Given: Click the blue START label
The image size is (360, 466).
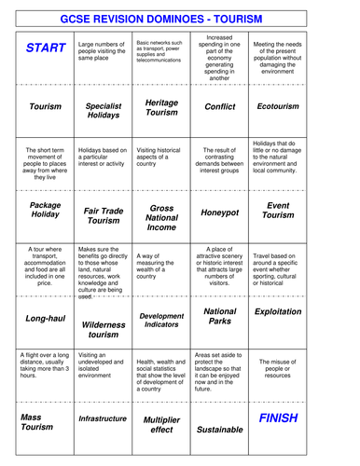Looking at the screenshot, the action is [45, 48].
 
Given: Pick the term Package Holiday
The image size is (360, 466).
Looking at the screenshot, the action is [45, 211].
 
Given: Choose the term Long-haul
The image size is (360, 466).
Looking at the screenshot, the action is [45, 319].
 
